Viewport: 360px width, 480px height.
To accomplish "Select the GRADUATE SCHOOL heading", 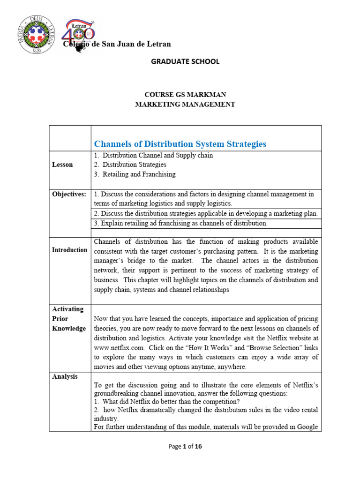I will (185, 61).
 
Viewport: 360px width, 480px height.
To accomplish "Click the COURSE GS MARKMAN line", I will (185, 95).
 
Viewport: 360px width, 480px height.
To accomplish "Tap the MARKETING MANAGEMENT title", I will (185, 104).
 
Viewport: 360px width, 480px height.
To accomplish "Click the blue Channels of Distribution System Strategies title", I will (180, 144).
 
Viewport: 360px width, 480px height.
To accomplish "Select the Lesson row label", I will (62, 165).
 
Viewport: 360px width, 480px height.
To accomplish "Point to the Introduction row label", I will (69, 250).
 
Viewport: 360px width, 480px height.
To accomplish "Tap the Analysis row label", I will (65, 376).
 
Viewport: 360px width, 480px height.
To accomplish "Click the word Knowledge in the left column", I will (69, 328).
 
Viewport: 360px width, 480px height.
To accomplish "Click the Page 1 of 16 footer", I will (185, 447).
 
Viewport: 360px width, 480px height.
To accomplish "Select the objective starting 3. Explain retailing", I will (180, 224).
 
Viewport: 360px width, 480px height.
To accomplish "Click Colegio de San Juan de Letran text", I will (118, 44).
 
